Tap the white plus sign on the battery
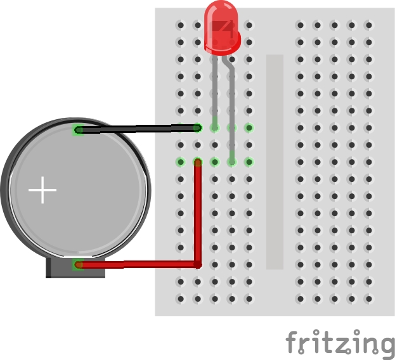coord(42,190)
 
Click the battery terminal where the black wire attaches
coord(78,131)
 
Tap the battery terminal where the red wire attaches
coord(78,265)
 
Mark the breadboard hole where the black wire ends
coord(198,128)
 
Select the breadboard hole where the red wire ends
coord(198,162)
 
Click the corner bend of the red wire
coord(197,264)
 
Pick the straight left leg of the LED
coord(216,89)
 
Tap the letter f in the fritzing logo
coord(293,342)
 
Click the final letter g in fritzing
coord(384,345)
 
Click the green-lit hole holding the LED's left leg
coord(215,128)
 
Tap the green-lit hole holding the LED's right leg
coord(232,162)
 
